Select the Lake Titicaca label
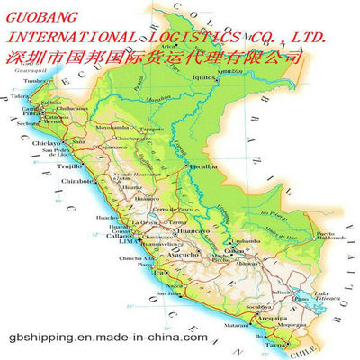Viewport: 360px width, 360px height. pyautogui.click(x=325, y=297)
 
